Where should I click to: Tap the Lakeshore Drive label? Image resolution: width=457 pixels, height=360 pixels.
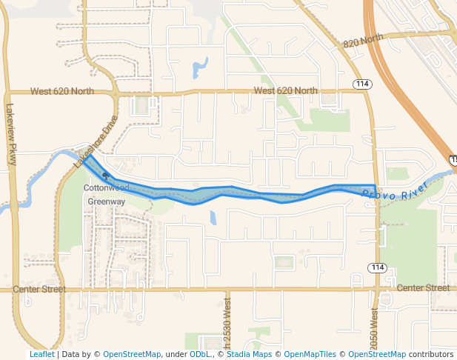pyautogui.click(x=96, y=141)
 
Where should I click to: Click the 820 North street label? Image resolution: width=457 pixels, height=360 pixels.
pyautogui.click(x=364, y=41)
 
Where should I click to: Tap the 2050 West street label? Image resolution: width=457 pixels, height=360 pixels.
pyautogui.click(x=374, y=326)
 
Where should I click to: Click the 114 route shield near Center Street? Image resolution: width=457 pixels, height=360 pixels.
pyautogui.click(x=378, y=267)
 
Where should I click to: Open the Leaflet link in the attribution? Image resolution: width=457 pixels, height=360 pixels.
pyautogui.click(x=41, y=355)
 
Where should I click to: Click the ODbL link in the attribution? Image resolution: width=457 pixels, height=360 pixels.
pyautogui.click(x=200, y=355)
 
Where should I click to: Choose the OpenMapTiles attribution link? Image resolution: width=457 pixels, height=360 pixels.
pyautogui.click(x=310, y=355)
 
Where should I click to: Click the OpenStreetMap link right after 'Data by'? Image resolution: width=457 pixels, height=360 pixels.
pyautogui.click(x=131, y=355)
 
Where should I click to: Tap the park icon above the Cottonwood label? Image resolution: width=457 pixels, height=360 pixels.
pyautogui.click(x=105, y=176)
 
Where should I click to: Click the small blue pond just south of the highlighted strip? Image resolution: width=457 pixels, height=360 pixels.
pyautogui.click(x=213, y=218)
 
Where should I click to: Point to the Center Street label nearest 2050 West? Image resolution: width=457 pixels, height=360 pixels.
pyautogui.click(x=423, y=287)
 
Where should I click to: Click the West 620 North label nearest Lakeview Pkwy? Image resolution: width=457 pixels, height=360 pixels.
pyautogui.click(x=62, y=92)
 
